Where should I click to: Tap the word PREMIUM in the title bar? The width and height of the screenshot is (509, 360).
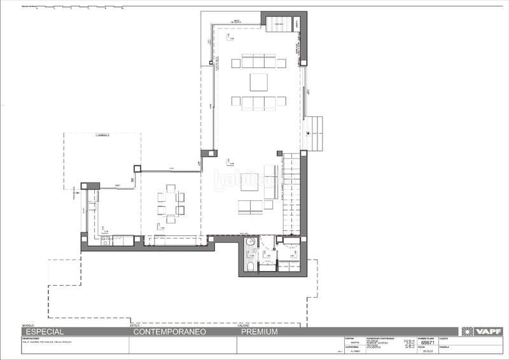[x=259, y=332]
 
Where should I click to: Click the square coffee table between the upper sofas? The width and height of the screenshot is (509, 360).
[x=259, y=82]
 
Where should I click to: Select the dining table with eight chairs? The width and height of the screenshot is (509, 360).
[x=171, y=202]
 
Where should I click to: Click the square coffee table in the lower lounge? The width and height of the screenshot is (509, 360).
[x=250, y=183]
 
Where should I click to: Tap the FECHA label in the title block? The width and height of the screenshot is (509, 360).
[x=422, y=347]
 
